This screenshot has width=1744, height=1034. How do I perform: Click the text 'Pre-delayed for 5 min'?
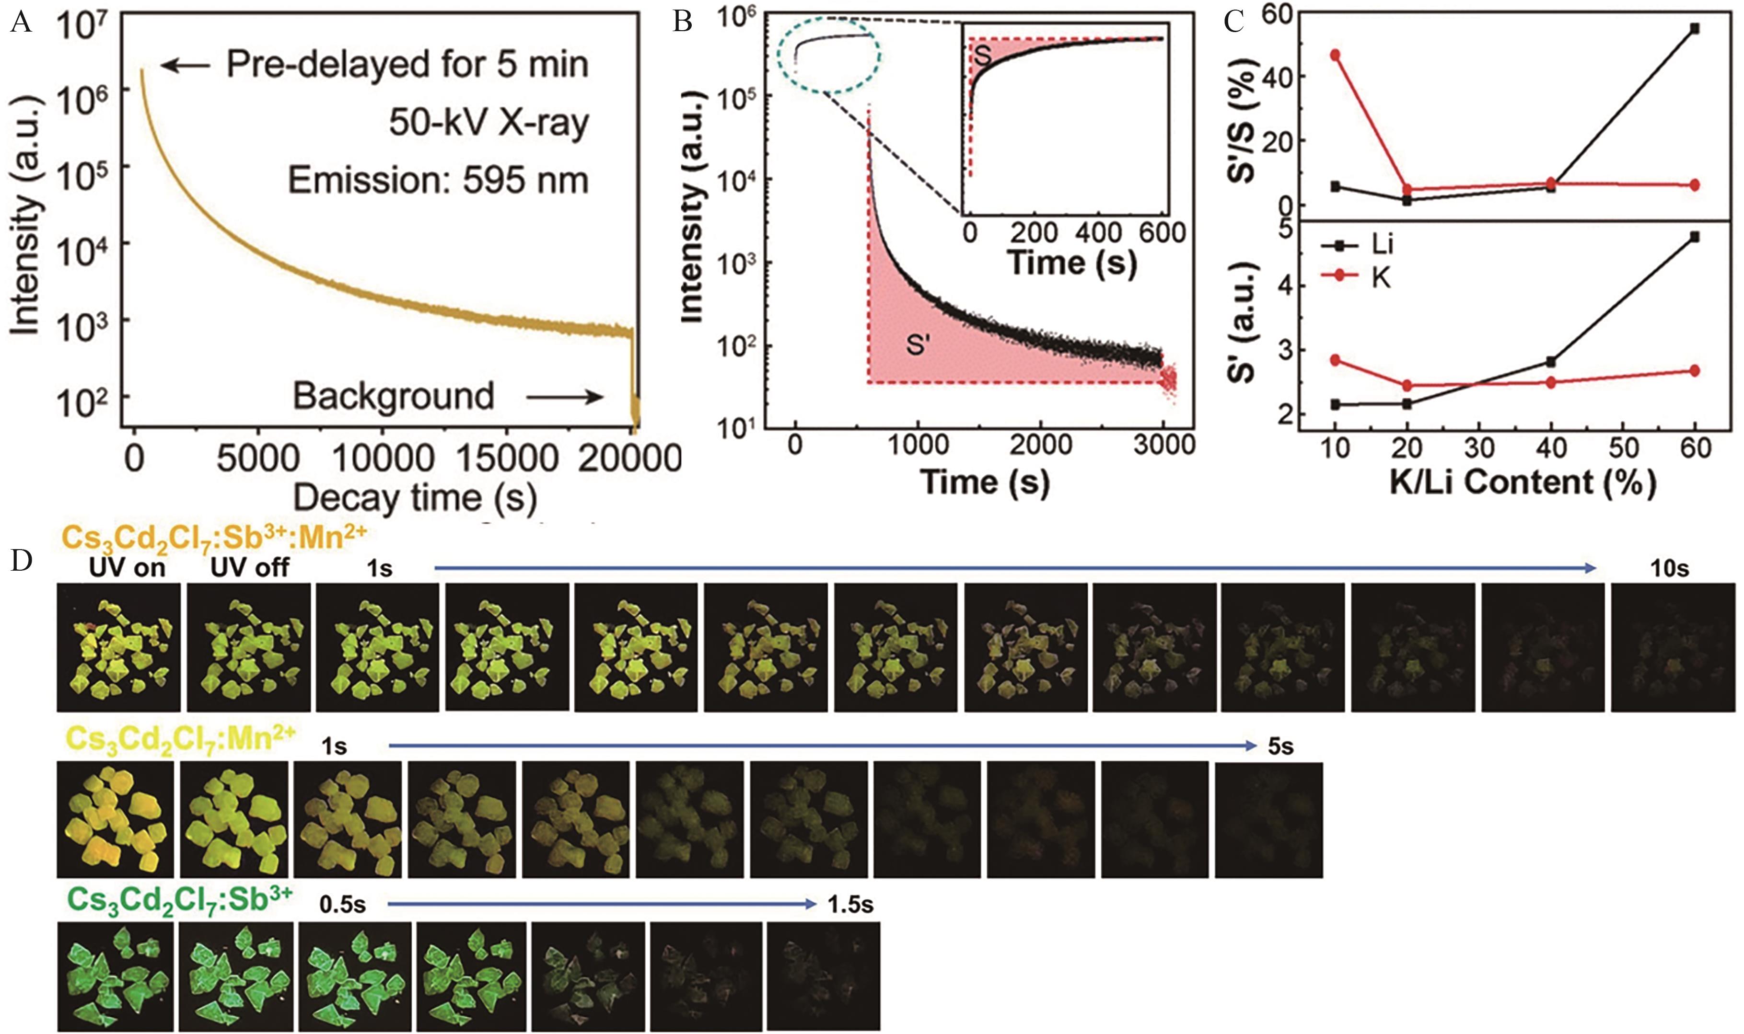click(x=407, y=65)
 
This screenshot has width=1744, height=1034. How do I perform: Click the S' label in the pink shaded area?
click(x=918, y=344)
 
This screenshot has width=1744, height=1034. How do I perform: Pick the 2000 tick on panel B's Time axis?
click(x=1041, y=445)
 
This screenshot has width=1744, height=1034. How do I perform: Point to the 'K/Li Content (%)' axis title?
click(x=1523, y=483)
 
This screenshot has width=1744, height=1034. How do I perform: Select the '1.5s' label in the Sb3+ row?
click(x=850, y=905)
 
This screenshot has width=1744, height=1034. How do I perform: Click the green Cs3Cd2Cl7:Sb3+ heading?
click(x=180, y=902)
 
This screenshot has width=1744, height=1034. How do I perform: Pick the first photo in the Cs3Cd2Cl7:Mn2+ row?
click(x=115, y=819)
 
